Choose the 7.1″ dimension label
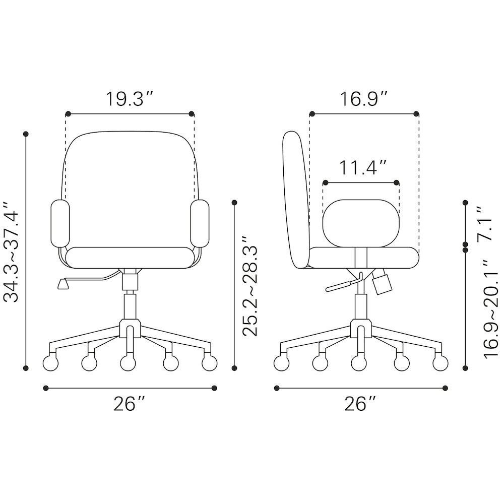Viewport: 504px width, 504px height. [484, 224]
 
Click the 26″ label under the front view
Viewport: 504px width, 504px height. [129, 404]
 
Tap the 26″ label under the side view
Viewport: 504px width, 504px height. [360, 404]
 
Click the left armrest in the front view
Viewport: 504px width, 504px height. [60, 223]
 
